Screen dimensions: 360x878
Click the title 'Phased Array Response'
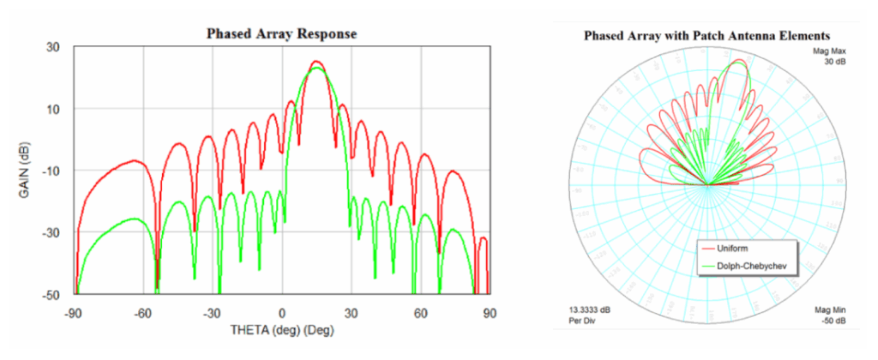tap(281, 34)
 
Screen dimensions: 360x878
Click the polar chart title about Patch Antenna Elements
tap(707, 37)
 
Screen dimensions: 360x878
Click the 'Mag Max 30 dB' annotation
tap(830, 57)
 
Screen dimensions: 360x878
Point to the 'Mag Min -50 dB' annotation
tap(830, 315)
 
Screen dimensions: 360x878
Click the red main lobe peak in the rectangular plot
tap(316, 62)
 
